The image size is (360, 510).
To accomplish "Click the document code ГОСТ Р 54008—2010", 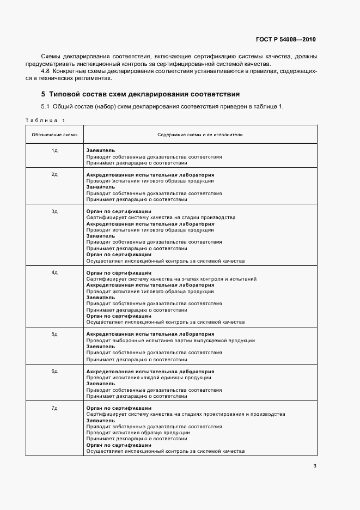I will pyautogui.click(x=286, y=39).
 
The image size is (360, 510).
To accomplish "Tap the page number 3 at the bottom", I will pyautogui.click(x=315, y=465).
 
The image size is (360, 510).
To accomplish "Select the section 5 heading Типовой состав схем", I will pyautogui.click(x=141, y=94).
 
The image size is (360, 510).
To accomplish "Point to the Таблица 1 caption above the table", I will pyautogui.click(x=45, y=120).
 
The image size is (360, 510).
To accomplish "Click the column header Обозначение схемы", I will pyautogui.click(x=54, y=134).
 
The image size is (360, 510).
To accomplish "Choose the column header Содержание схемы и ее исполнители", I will pyautogui.click(x=200, y=134).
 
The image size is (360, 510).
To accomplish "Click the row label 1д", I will pyautogui.click(x=54, y=150).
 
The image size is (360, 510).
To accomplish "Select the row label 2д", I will pyautogui.click(x=54, y=175).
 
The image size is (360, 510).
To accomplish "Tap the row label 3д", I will pyautogui.click(x=54, y=211).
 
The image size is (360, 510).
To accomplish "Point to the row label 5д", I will pyautogui.click(x=54, y=334).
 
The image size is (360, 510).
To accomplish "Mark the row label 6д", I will pyautogui.click(x=54, y=371).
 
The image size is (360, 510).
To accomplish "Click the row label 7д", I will pyautogui.click(x=54, y=408).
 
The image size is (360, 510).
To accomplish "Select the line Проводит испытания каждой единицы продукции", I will pyautogui.click(x=149, y=378).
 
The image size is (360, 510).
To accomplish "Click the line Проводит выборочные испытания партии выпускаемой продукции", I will pyautogui.click(x=170, y=341).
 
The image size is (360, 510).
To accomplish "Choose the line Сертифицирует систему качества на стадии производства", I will pyautogui.click(x=161, y=217).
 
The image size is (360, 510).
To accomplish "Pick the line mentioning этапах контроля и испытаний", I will pyautogui.click(x=172, y=279).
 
